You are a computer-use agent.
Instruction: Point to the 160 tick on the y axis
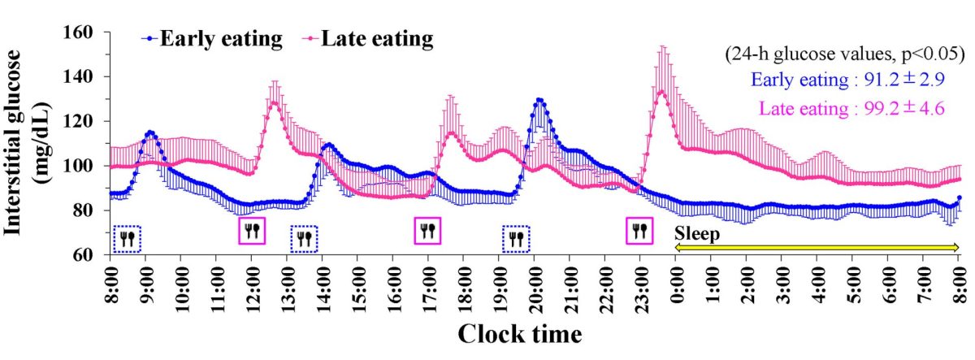click(84, 33)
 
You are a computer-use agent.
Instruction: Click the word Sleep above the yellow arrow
click(697, 233)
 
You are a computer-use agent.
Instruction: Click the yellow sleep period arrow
click(817, 246)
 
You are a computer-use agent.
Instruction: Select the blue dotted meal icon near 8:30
click(127, 238)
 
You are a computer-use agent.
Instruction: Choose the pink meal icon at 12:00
click(252, 231)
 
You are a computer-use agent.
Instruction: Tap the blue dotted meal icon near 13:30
click(304, 238)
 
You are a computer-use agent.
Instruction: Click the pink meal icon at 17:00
click(427, 231)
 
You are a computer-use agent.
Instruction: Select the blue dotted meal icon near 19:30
click(516, 238)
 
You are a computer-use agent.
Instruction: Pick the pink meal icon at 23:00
click(640, 231)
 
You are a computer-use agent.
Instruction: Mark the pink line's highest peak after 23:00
click(661, 91)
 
